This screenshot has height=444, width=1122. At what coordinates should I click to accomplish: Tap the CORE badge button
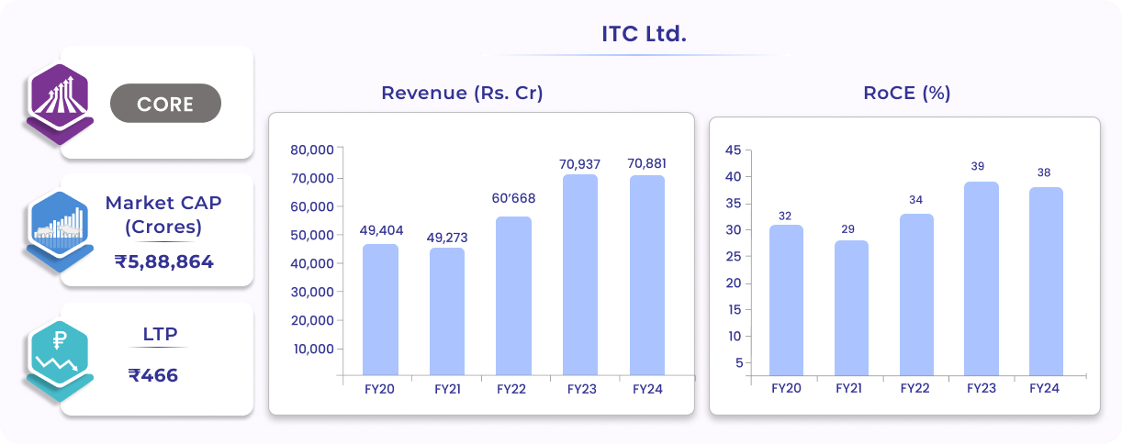pos(165,104)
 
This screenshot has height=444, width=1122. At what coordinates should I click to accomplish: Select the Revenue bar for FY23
pos(579,274)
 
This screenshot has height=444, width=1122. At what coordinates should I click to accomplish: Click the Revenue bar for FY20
pos(380,309)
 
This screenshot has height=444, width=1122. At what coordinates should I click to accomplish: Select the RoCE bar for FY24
pos(1044,281)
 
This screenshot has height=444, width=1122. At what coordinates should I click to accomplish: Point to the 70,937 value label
pos(579,164)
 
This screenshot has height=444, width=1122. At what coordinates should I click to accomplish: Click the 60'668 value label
pos(513,198)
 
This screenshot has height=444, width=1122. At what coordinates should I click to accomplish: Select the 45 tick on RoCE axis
pos(732,150)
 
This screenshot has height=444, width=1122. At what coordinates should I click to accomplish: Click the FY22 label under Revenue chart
pos(511,389)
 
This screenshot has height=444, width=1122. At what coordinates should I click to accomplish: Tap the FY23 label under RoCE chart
pos(981,388)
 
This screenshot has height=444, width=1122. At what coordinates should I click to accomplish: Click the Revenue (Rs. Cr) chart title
pos(462,94)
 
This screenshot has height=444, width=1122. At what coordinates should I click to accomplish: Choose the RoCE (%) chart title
pos(906,94)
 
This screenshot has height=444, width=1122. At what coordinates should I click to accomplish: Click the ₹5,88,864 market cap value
pos(164,262)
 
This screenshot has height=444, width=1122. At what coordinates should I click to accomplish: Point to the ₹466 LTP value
pos(153,375)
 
